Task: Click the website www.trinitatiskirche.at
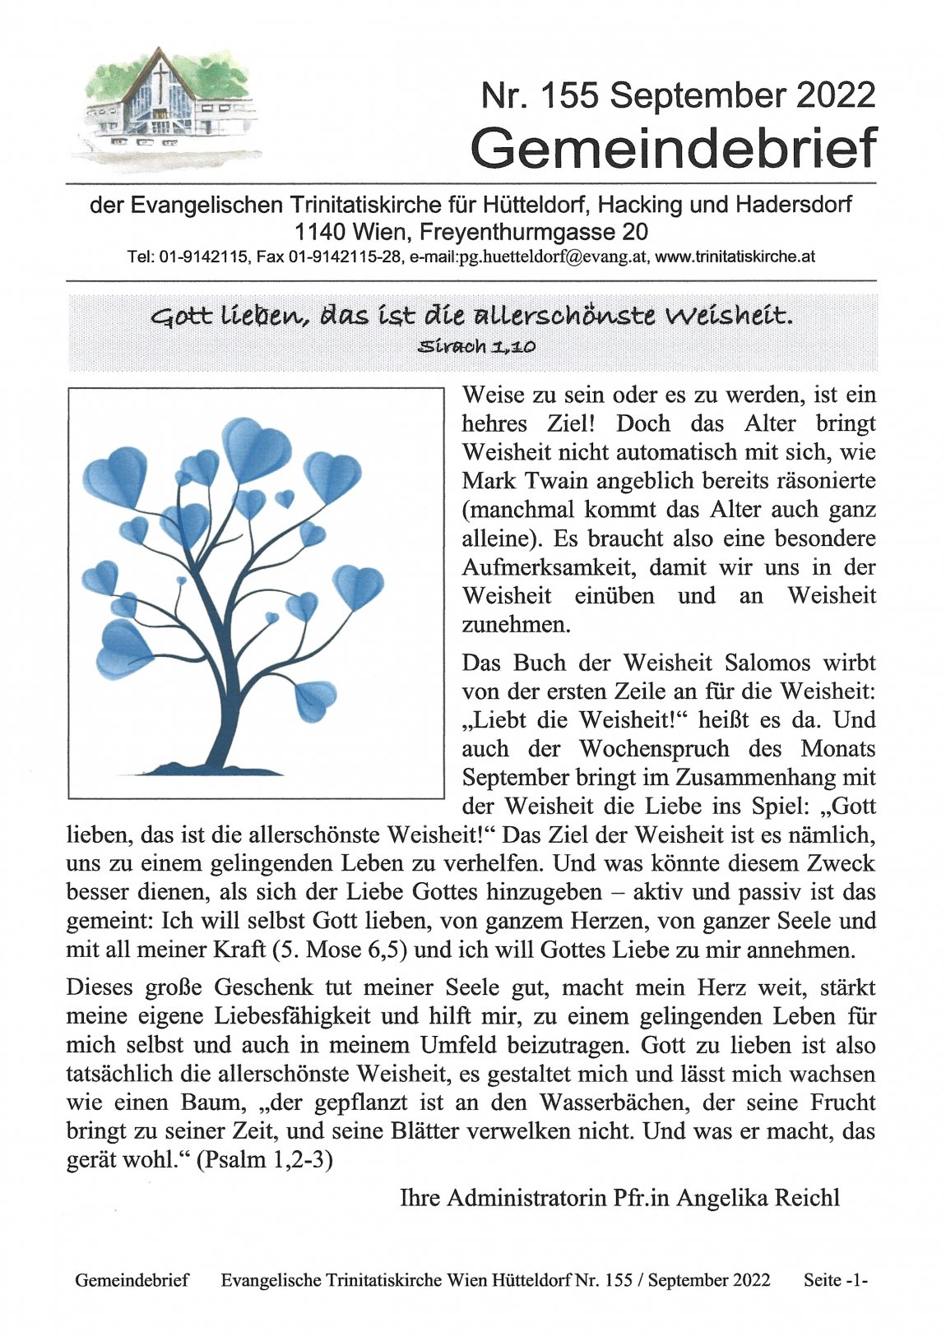(x=735, y=257)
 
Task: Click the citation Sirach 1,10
(x=477, y=346)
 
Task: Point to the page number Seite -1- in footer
(x=836, y=1280)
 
